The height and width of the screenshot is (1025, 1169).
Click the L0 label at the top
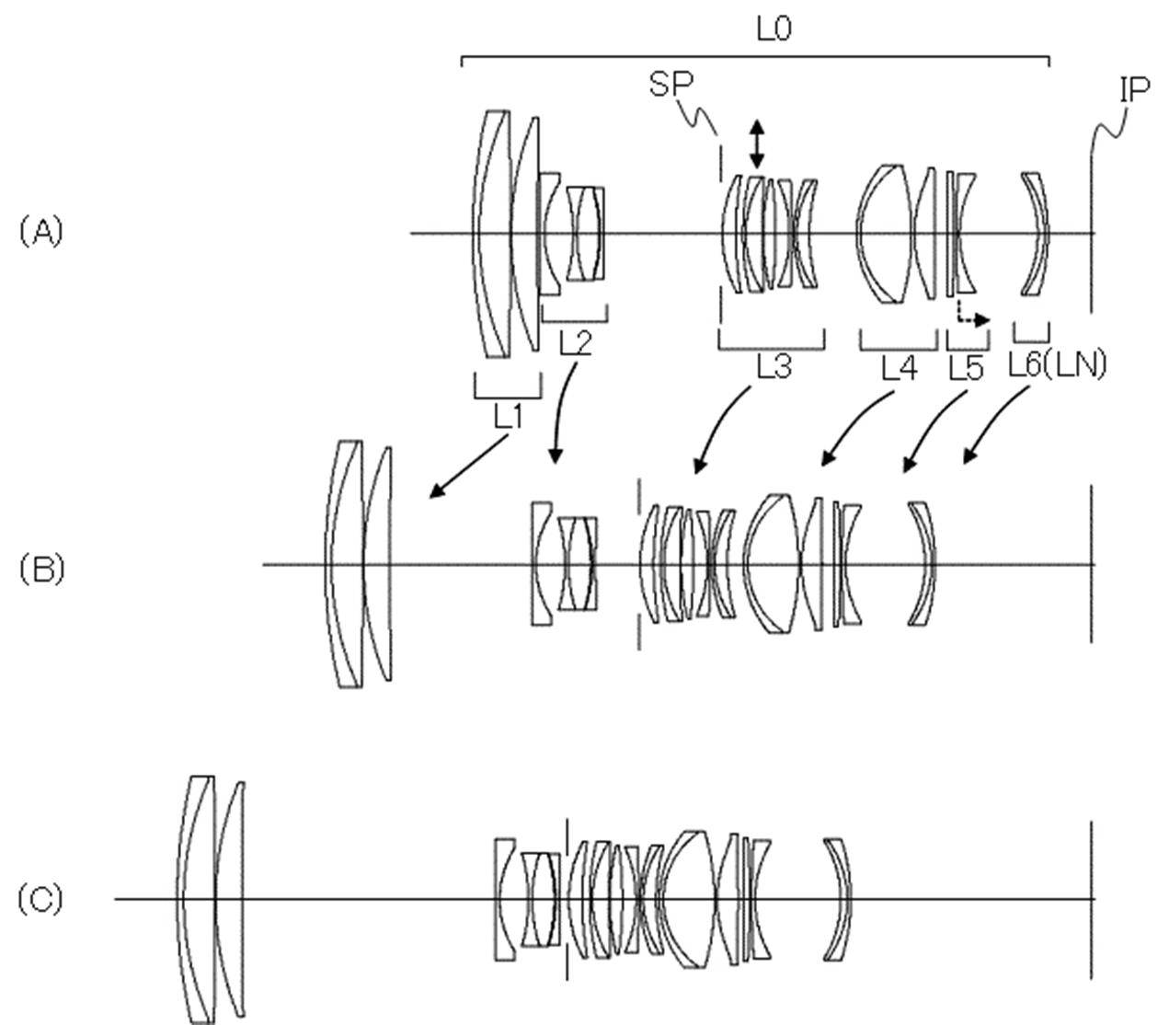click(774, 29)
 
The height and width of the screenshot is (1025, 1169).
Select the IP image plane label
click(1134, 89)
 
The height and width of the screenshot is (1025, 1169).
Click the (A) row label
click(41, 232)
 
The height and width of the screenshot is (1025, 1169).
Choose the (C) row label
click(40, 899)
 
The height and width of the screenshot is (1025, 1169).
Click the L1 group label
click(509, 416)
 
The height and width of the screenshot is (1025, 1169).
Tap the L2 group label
click(575, 343)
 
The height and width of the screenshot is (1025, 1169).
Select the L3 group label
click(774, 366)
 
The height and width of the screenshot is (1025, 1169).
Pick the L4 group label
click(900, 368)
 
